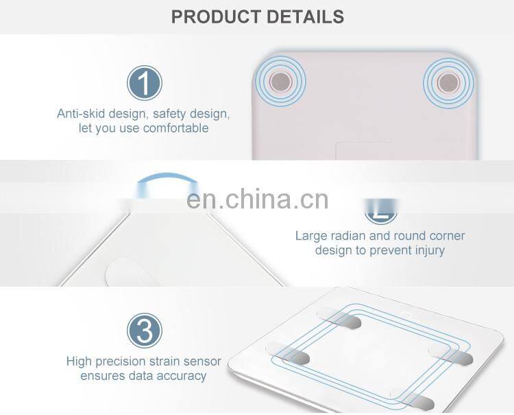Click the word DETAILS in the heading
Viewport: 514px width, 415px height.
click(305, 16)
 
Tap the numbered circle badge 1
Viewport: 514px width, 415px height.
click(144, 83)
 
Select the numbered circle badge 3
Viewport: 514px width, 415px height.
click(144, 331)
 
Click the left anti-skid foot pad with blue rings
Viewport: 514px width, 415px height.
click(280, 82)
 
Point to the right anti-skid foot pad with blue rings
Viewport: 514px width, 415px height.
click(448, 82)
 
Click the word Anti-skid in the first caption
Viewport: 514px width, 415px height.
click(81, 113)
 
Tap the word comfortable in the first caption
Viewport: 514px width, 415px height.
click(175, 128)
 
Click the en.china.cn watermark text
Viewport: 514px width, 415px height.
click(257, 199)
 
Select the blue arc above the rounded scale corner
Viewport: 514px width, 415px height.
click(167, 175)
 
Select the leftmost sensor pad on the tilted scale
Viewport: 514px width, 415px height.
click(288, 353)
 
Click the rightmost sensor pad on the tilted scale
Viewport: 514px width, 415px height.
click(451, 355)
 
